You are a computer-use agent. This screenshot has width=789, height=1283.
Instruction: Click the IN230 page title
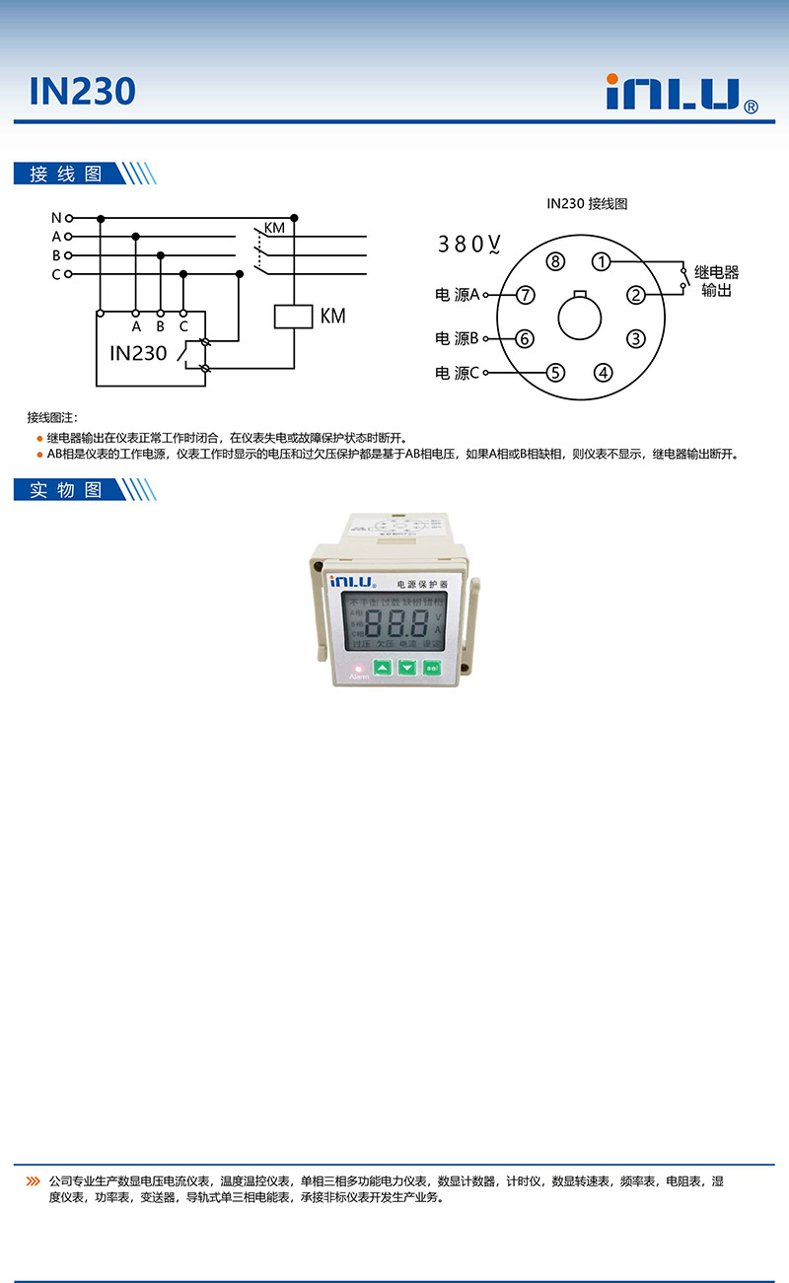82,92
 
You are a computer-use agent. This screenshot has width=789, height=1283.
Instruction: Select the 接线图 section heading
66,175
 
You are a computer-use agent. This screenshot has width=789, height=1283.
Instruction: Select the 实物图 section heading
66,490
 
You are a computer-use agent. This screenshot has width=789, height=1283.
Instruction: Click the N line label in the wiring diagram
56,217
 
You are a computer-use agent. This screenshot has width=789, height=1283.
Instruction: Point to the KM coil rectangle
293,317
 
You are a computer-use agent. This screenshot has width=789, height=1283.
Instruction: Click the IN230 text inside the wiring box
138,353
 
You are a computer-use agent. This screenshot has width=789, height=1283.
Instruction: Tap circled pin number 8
556,261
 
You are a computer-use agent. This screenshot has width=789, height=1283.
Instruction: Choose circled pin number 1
603,261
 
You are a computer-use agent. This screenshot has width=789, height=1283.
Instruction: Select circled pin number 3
636,338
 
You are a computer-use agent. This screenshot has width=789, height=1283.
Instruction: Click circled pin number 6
524,338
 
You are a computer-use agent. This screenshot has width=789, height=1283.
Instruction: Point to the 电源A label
457,294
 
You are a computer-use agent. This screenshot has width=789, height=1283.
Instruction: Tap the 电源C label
457,373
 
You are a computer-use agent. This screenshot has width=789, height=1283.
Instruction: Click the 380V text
469,244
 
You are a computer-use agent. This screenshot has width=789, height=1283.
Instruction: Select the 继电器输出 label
716,281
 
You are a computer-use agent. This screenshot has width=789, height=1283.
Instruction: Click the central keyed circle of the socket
580,319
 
